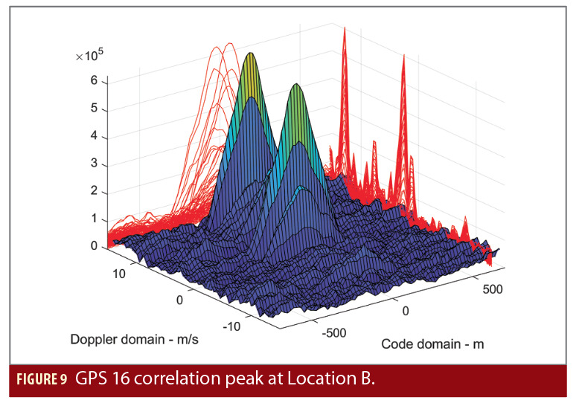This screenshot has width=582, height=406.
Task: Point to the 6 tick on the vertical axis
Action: (x=95, y=82)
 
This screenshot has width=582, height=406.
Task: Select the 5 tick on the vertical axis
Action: (x=95, y=109)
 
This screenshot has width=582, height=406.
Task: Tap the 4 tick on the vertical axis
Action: (x=95, y=137)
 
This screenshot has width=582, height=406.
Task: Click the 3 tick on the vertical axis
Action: (x=95, y=164)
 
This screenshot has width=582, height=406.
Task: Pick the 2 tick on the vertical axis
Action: (x=95, y=192)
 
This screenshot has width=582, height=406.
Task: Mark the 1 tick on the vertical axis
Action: (x=95, y=219)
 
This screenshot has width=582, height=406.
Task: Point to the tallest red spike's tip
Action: (x=345, y=28)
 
